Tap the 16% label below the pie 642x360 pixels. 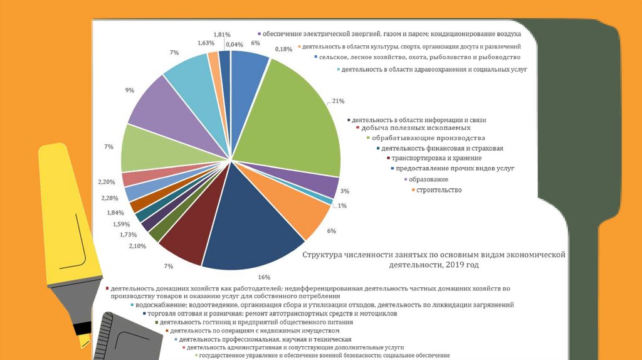coord(264,277)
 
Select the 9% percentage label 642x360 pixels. coord(129,90)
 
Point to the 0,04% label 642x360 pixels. coord(234,44)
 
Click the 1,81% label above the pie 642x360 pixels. coord(222,34)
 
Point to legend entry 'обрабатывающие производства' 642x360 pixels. coord(428,138)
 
